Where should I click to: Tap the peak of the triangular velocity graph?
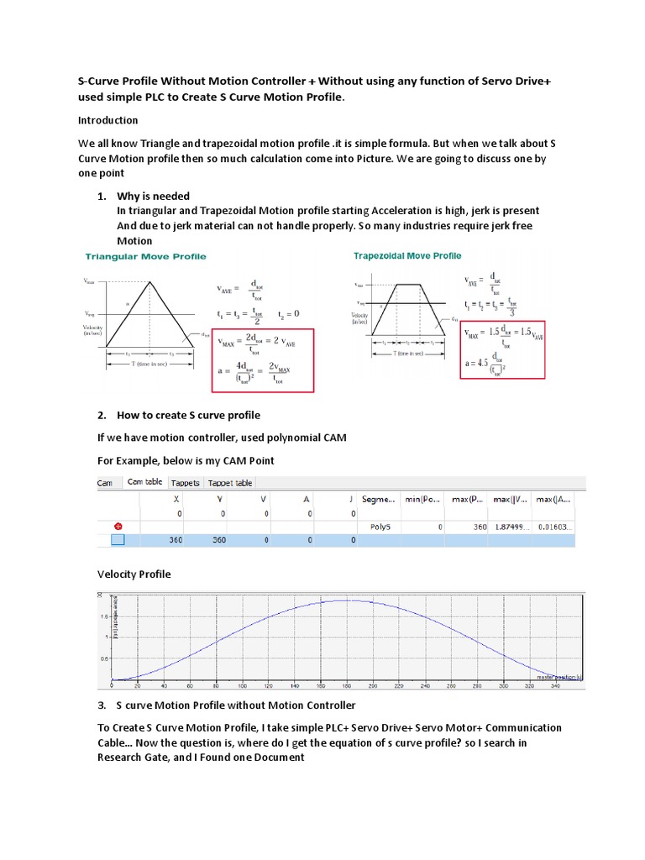(149, 281)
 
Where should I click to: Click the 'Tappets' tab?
(185, 483)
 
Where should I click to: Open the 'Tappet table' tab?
(230, 483)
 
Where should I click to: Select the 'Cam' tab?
(105, 483)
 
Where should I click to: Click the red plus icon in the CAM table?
(118, 527)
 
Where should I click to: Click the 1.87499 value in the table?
(511, 527)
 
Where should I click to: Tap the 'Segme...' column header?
(380, 498)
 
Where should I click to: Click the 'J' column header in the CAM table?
(352, 498)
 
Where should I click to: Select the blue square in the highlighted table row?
(118, 540)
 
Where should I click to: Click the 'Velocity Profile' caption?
(134, 574)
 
